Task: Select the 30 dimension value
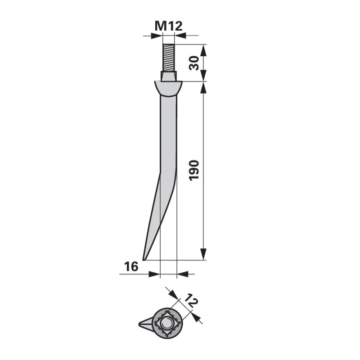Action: coord(194,63)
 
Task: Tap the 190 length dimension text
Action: coord(194,170)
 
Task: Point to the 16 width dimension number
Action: coord(131,267)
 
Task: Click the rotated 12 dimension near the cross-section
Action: coord(192,301)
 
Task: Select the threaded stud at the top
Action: coord(169,58)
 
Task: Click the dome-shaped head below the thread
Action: coord(168,88)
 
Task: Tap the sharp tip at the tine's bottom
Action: coord(144,259)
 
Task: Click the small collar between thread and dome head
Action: coord(169,76)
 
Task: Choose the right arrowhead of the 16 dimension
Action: coord(181,274)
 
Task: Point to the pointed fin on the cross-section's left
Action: coord(145,323)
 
